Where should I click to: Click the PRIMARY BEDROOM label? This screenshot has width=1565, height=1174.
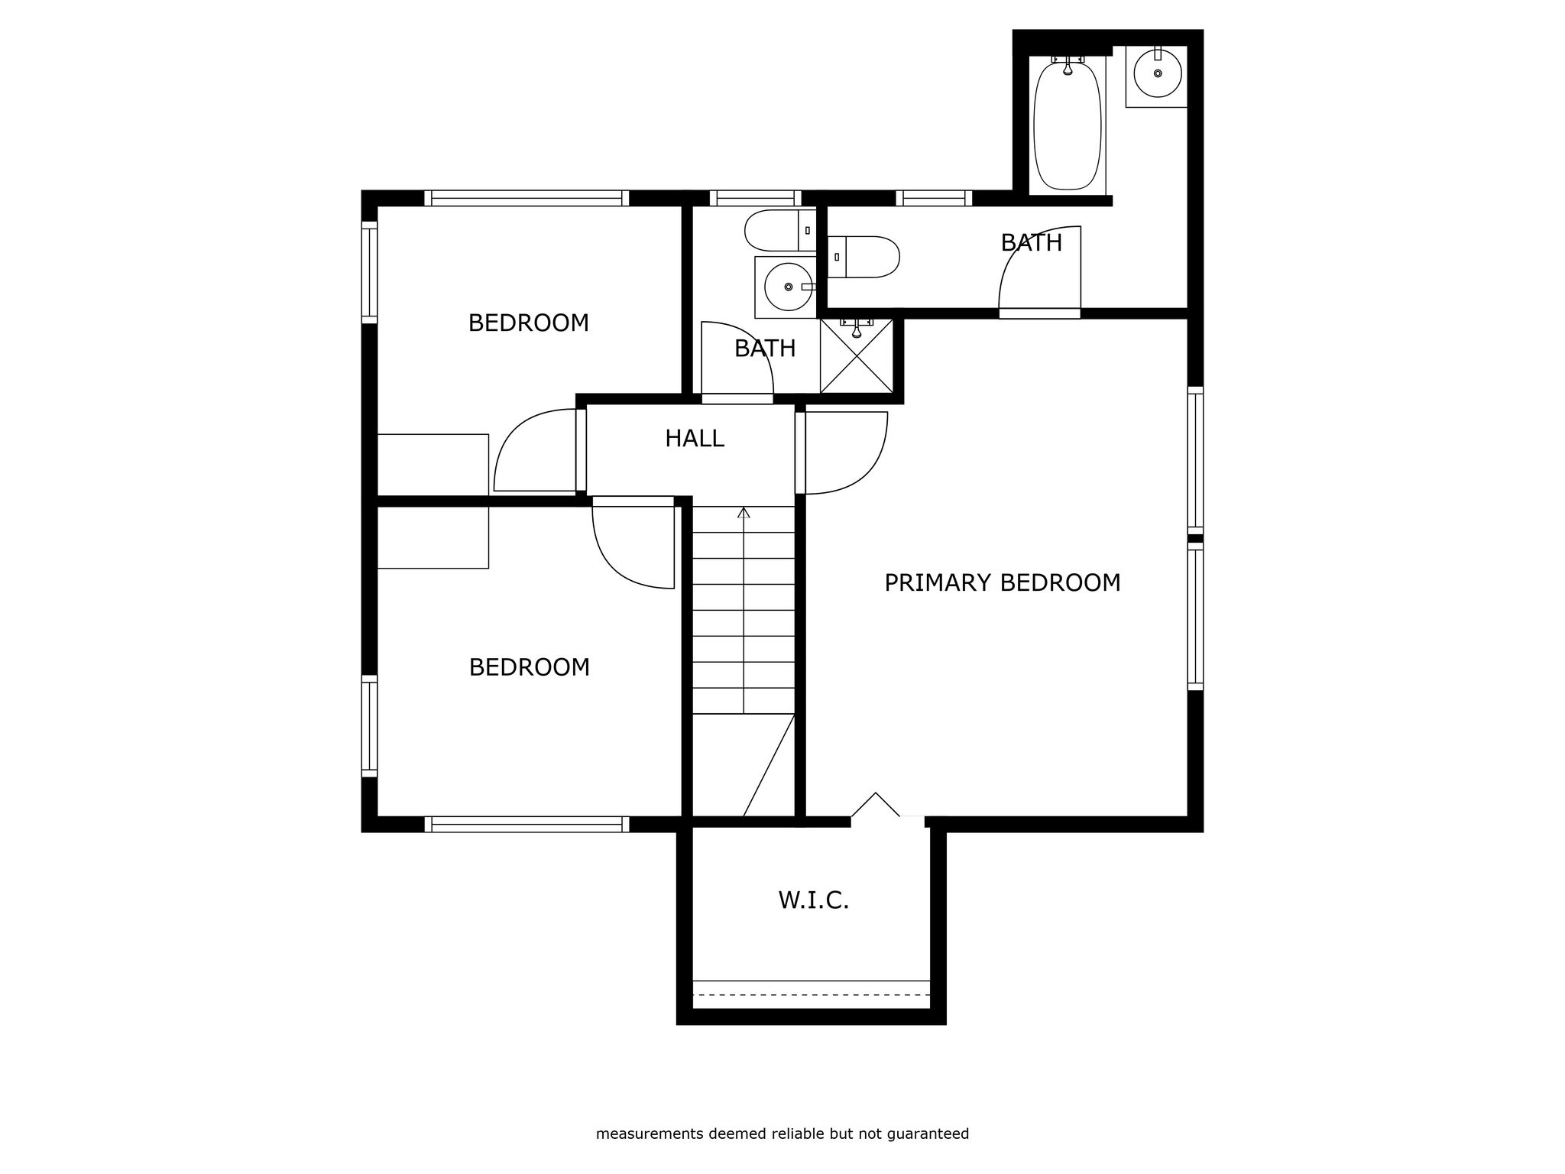[x=1002, y=583]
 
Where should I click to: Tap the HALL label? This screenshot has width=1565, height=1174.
[x=694, y=439]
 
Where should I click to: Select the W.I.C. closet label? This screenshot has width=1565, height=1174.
[x=814, y=900]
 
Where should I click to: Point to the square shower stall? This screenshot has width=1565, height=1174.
[x=857, y=356]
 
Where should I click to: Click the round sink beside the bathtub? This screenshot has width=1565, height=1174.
[x=1158, y=73]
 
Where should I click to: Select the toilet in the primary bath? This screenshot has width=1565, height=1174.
[x=864, y=257]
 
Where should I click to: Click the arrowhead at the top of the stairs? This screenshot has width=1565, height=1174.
[x=744, y=512]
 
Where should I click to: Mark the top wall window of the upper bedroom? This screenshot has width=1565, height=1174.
[x=527, y=198]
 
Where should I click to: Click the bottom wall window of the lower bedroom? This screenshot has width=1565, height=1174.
[x=527, y=824]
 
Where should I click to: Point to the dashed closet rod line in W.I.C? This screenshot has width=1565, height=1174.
[x=812, y=995]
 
